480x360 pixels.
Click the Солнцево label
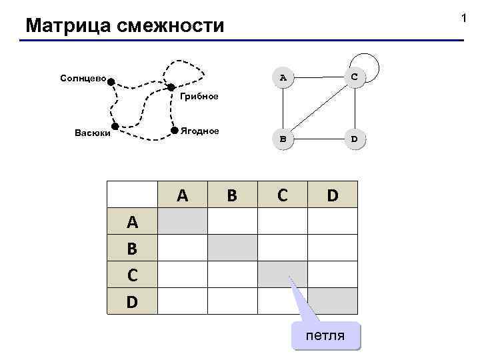click(x=83, y=78)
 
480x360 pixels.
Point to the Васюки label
click(x=93, y=132)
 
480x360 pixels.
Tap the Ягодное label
click(x=200, y=131)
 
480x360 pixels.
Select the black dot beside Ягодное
click(x=175, y=129)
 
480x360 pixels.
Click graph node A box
click(x=283, y=78)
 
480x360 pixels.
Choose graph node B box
click(x=283, y=140)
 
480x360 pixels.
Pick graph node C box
click(x=353, y=78)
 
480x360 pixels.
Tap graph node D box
click(x=353, y=140)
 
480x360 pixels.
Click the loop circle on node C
click(x=368, y=63)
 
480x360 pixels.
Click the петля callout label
click(x=325, y=335)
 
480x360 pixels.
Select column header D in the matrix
click(x=332, y=195)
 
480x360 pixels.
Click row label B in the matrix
click(x=132, y=248)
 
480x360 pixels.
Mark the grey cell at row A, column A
click(x=182, y=221)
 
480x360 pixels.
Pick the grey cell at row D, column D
click(x=332, y=301)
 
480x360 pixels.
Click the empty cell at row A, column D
click(x=332, y=221)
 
